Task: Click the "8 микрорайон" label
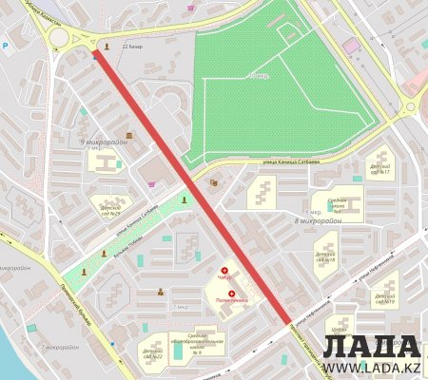(318, 220)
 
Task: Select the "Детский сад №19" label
(384, 297)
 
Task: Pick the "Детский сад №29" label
(110, 207)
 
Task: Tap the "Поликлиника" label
(231, 300)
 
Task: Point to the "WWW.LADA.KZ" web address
(371, 367)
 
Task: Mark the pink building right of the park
(352, 45)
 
